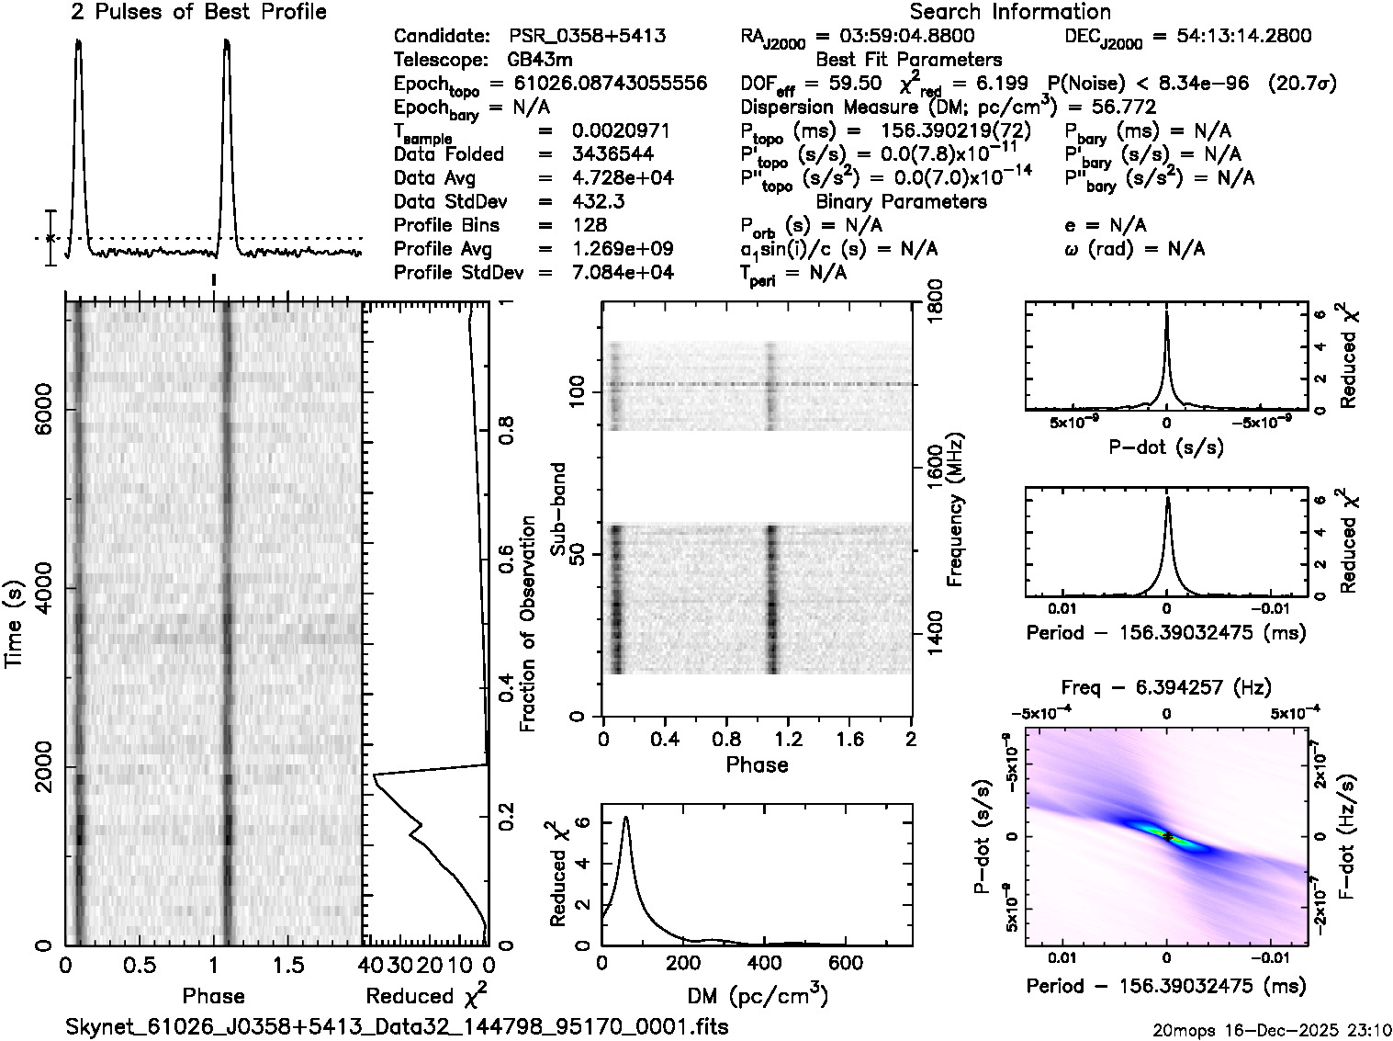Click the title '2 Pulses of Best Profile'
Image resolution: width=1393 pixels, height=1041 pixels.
[198, 12]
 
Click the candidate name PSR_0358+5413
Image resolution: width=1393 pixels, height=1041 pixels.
[588, 37]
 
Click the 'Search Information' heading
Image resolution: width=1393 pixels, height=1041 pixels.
[1010, 12]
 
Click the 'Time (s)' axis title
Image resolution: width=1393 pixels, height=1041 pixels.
[14, 623]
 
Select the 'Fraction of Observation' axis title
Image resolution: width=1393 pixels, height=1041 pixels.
[527, 624]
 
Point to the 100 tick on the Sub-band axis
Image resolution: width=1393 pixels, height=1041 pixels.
[578, 392]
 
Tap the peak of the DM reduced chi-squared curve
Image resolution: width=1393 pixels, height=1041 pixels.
[625, 817]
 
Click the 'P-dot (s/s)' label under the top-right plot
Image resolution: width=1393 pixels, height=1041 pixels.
[1166, 447]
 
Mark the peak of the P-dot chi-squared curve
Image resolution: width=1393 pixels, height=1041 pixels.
[1166, 312]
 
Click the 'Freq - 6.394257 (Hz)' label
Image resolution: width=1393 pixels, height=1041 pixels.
[1166, 687]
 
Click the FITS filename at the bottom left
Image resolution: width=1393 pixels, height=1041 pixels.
[398, 1026]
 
